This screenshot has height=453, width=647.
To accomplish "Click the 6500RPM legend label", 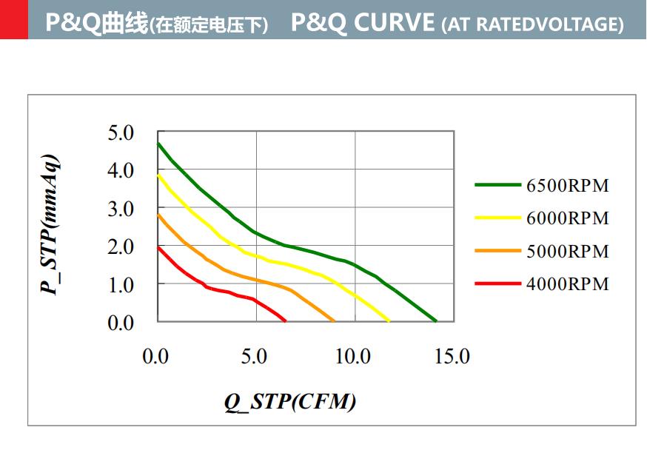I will click(x=567, y=186).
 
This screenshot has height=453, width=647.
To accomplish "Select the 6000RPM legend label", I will click(x=567, y=218).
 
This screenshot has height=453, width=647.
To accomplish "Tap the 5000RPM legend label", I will click(x=567, y=252).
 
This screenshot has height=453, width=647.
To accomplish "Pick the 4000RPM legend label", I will click(x=567, y=284).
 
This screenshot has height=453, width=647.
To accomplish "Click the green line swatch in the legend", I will click(x=497, y=186).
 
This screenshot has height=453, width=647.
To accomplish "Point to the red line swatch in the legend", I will click(x=497, y=284).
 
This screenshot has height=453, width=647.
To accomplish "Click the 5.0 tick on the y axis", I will click(x=121, y=133).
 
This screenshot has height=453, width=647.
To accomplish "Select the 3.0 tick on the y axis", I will click(x=121, y=209).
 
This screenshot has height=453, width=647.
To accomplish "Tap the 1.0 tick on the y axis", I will click(x=121, y=285).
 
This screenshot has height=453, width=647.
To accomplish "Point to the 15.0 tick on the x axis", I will click(x=452, y=357).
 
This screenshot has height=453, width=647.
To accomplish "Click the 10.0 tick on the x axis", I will click(x=353, y=357).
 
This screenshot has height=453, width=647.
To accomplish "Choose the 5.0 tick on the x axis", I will click(x=254, y=357).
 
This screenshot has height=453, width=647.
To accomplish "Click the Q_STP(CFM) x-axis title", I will click(x=290, y=402).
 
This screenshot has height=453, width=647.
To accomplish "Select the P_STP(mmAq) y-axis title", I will click(x=50, y=225).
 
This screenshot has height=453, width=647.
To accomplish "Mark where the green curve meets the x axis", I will click(x=437, y=321).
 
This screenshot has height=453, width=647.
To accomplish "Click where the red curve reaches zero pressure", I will click(x=286, y=321).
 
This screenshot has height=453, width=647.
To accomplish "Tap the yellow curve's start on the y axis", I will click(x=158, y=175).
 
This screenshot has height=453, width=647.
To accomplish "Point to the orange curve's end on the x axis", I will click(x=335, y=321).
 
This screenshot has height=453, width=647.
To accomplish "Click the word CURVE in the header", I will click(x=394, y=23).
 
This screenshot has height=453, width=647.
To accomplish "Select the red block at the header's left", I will click(x=14, y=19).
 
